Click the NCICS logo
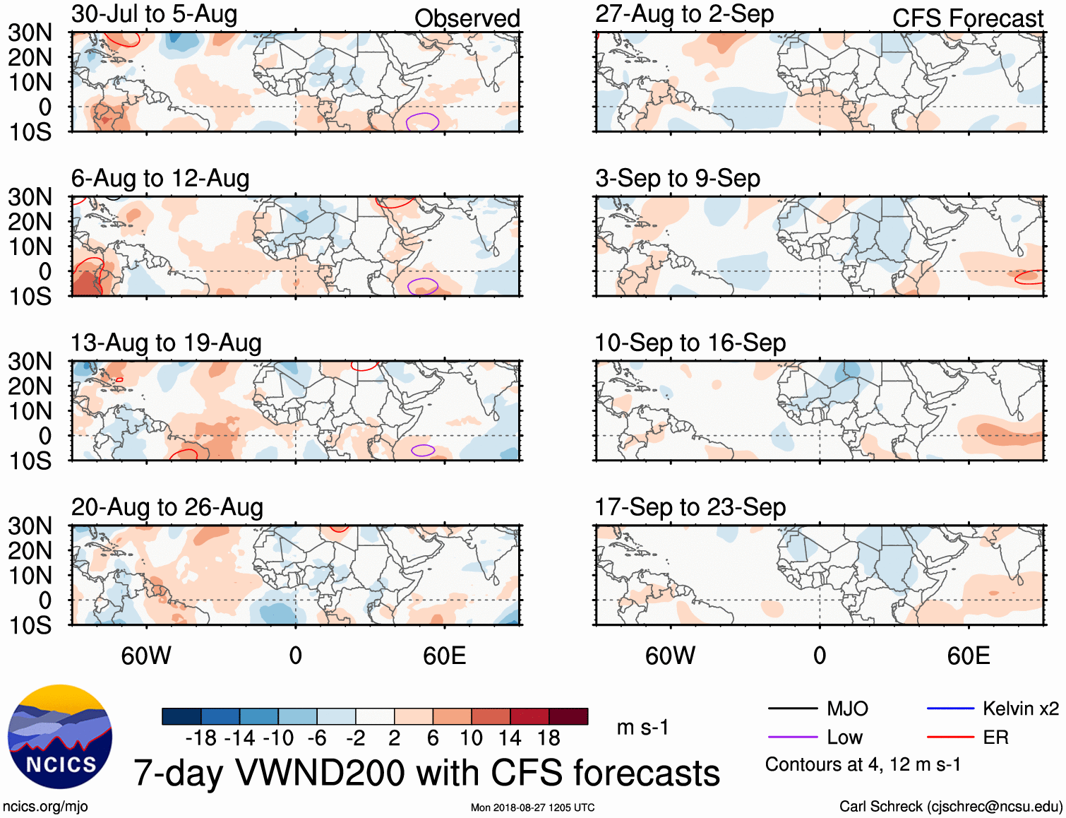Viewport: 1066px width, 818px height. [60, 737]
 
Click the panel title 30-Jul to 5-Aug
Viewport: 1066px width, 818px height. [154, 14]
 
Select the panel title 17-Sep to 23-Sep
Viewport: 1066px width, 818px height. [690, 507]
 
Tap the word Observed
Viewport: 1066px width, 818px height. [467, 18]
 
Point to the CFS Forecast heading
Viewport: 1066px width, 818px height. [967, 18]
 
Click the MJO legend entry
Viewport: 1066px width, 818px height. [847, 709]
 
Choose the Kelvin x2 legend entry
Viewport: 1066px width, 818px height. [1020, 709]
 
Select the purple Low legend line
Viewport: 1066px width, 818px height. [793, 737]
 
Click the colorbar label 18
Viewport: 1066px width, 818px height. [549, 738]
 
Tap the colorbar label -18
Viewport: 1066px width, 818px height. [201, 738]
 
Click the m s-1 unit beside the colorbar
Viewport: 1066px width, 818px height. [642, 727]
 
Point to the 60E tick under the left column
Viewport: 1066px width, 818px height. [444, 656]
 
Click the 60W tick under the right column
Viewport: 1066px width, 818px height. [670, 656]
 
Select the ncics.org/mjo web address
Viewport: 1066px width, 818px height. [45, 806]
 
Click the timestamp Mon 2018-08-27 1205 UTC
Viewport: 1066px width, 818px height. [532, 807]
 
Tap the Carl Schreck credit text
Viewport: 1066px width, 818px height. [950, 806]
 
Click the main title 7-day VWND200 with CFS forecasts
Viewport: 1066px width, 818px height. [426, 773]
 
